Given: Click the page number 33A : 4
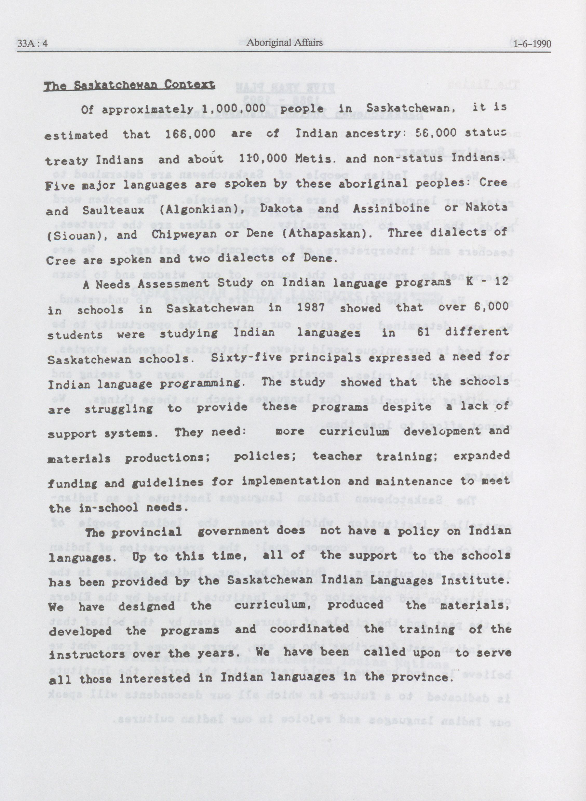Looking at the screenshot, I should (33, 44).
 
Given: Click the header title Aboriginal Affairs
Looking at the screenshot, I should (285, 43).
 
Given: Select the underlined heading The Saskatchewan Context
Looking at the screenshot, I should (129, 85).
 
